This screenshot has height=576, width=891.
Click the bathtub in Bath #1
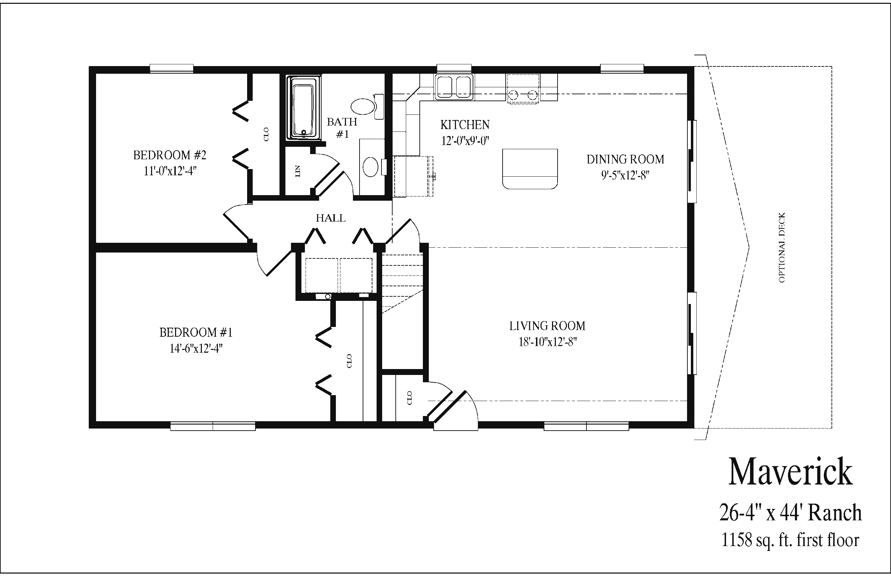[x=303, y=108]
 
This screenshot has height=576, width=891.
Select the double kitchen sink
[x=454, y=87]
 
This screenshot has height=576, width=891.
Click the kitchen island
[x=529, y=169]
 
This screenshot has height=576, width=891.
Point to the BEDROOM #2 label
[x=169, y=155]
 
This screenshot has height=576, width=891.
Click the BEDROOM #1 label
[x=196, y=332]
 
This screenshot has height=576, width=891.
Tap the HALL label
[x=330, y=218]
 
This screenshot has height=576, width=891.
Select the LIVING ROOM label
[x=547, y=326]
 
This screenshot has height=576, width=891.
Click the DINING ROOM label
[x=625, y=159]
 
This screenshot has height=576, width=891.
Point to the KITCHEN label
[x=465, y=125]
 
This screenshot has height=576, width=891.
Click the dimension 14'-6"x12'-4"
[x=196, y=349]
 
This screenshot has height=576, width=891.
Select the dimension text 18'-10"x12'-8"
[x=547, y=342]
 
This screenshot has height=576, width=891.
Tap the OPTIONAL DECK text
[x=782, y=248]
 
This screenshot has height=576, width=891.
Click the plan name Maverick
[x=790, y=472]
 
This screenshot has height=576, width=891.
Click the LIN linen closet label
[x=298, y=171]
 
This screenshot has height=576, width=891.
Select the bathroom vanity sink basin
[x=371, y=167]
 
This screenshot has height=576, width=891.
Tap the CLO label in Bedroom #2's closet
[x=266, y=134]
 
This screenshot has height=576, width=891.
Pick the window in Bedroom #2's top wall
[x=171, y=69]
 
